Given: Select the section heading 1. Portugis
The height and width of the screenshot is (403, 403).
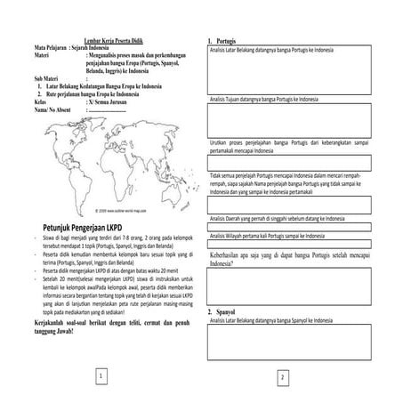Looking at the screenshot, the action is (x=222, y=42).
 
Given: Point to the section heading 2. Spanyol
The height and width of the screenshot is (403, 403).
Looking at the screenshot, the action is (x=222, y=313).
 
